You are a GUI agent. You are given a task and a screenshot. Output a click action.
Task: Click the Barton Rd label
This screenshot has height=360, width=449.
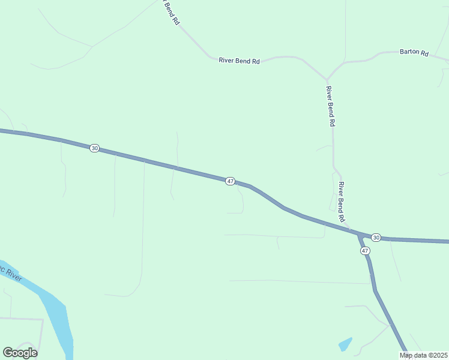tap(414, 53)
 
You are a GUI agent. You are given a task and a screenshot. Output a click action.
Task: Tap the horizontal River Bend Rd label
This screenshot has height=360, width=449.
tap(239, 61)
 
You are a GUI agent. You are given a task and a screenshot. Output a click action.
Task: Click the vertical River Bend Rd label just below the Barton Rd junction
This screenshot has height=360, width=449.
tap(330, 106)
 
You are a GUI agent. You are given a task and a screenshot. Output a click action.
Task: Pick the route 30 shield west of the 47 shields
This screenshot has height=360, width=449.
tap(94, 148)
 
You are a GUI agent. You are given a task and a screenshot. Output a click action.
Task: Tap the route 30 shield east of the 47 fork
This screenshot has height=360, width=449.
tap(375, 238)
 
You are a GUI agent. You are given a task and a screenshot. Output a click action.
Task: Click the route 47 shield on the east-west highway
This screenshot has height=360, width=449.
tap(230, 181)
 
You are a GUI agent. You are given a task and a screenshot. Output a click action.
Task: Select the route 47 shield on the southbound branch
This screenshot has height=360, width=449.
tap(365, 250)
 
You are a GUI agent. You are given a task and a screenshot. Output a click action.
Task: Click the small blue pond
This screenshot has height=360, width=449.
tap(345, 344)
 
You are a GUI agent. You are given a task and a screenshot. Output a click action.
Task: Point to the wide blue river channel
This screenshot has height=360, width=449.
tap(57, 318)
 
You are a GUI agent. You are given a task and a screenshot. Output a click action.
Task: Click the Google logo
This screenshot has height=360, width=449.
tap(20, 353)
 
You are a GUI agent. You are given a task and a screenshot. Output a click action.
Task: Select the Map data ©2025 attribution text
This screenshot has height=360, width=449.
tap(423, 355)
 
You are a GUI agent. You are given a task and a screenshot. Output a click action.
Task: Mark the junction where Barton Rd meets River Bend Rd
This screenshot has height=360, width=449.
tap(327, 79)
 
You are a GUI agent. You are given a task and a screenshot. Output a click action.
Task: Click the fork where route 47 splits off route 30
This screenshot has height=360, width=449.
tap(359, 233)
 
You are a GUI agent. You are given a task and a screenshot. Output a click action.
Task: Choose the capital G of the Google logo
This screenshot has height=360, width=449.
tap(7, 353)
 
